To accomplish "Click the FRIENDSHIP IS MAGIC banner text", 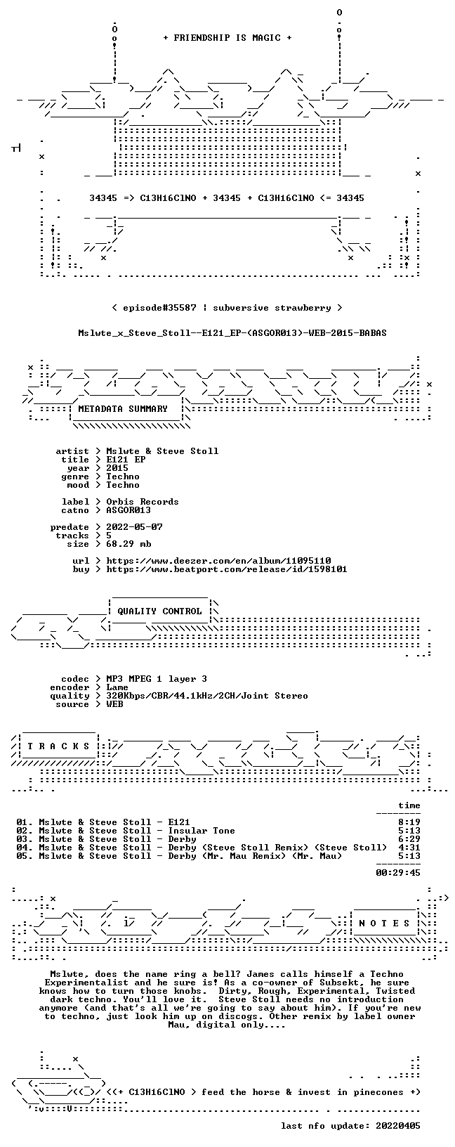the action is pyautogui.click(x=227, y=38).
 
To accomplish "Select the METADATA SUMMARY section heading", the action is pyautogui.click(x=123, y=408).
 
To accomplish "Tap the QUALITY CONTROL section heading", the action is pyautogui.click(x=159, y=611).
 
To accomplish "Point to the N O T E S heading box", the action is pyautogui.click(x=384, y=923).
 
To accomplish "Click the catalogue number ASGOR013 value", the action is pyautogui.click(x=128, y=510).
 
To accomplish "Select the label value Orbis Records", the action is pyautogui.click(x=143, y=502).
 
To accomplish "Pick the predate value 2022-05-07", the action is pyautogui.click(x=134, y=527).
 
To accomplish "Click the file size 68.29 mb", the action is pyautogui.click(x=128, y=544).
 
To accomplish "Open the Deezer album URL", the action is pyautogui.click(x=218, y=561).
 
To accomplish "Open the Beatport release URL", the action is pyautogui.click(x=227, y=569).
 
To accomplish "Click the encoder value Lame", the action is pyautogui.click(x=117, y=687).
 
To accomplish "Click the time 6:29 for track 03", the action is pyautogui.click(x=409, y=839).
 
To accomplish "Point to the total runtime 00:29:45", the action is pyautogui.click(x=397, y=872).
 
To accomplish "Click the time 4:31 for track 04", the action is pyautogui.click(x=409, y=848).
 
